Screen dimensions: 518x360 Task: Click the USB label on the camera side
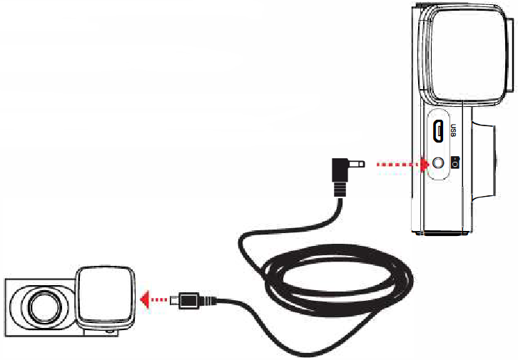tap(453, 130)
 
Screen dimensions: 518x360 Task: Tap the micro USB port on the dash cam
tap(438, 131)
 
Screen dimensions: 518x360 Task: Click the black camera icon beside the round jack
tap(455, 162)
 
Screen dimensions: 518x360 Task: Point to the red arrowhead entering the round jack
tap(424, 164)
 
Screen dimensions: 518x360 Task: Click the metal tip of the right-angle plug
tap(355, 164)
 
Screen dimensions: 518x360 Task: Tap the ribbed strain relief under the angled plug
tap(340, 190)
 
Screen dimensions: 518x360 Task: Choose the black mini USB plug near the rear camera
tap(188, 301)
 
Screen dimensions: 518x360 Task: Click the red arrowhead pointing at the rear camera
tap(145, 299)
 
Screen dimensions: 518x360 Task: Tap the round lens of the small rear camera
tap(45, 307)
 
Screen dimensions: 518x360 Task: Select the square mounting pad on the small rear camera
tap(106, 295)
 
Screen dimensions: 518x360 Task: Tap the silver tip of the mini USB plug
tap(174, 301)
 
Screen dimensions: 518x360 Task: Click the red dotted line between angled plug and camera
tap(399, 164)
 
